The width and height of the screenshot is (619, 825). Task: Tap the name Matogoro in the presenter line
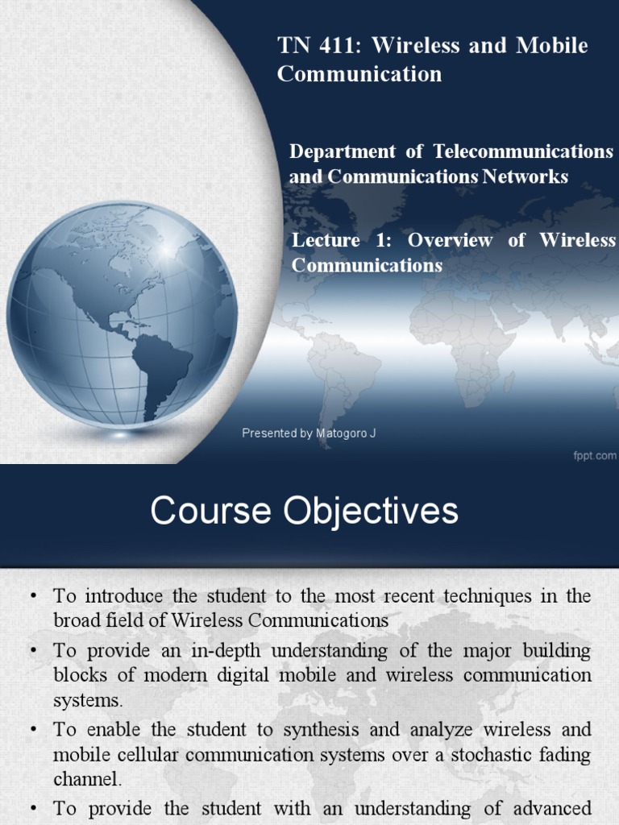342,433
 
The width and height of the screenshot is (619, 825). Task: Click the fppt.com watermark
595,455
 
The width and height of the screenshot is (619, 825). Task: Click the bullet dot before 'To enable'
34,730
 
